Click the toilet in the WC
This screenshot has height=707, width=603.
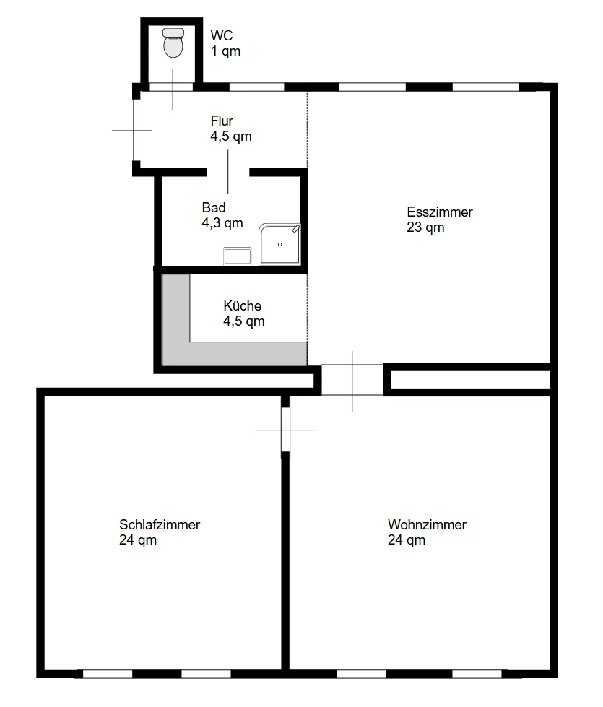(x=173, y=43)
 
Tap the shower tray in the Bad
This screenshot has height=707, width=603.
(x=279, y=244)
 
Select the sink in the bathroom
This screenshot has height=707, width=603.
(x=238, y=256)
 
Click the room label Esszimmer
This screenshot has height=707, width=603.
(x=440, y=212)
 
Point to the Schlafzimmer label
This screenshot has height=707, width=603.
(x=160, y=524)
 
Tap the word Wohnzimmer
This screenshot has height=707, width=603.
(x=427, y=524)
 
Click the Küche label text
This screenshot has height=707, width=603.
(x=242, y=305)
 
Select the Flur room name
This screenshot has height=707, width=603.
(x=222, y=121)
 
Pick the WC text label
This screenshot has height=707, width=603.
(x=222, y=35)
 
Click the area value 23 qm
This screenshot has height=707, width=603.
(x=425, y=227)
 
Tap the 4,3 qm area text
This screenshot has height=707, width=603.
(x=222, y=222)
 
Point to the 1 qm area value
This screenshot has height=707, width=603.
(x=225, y=51)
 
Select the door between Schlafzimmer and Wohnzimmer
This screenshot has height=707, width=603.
(x=285, y=430)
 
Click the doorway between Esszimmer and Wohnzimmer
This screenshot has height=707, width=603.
(x=352, y=380)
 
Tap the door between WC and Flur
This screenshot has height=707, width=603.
(x=172, y=87)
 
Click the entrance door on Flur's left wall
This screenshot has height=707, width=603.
(x=136, y=130)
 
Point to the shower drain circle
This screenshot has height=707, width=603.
(x=279, y=244)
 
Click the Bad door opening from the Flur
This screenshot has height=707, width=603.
(x=227, y=172)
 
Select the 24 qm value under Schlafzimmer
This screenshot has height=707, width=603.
(x=138, y=539)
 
